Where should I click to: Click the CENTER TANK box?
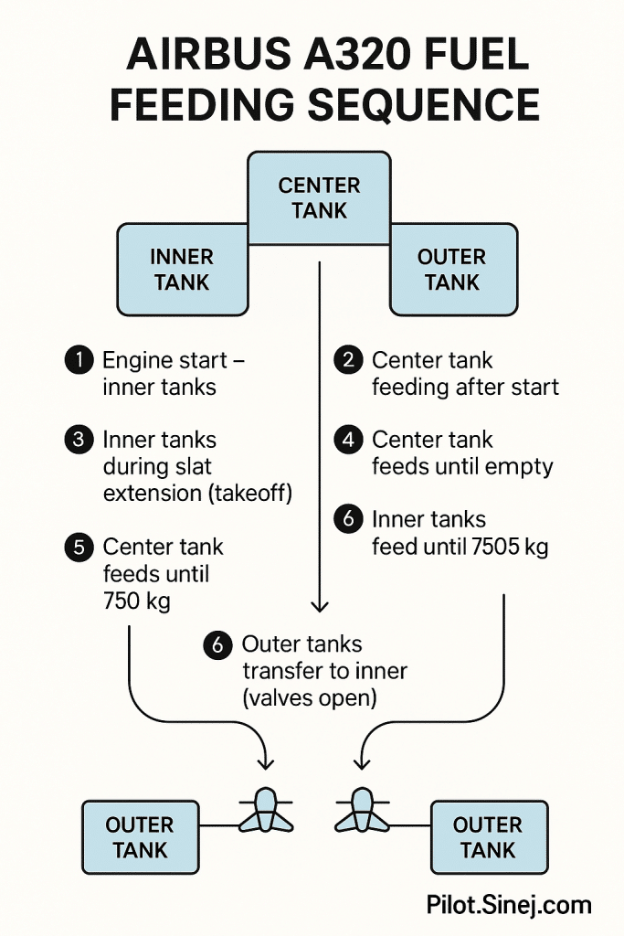coord(320,198)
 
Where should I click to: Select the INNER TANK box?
coord(183,270)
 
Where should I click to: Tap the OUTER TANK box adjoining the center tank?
coord(452,270)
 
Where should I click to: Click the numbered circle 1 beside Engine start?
coord(79,360)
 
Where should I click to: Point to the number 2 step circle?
coord(348,360)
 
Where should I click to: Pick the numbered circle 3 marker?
coord(79,440)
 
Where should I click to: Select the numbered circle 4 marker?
coord(348,440)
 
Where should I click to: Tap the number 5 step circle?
coord(79,548)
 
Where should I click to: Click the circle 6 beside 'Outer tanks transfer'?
coord(217,644)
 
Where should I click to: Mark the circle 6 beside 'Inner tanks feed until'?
coord(348,520)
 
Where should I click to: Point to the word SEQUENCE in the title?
coord(424,104)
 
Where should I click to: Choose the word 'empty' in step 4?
coord(521,467)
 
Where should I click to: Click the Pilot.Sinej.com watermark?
coord(509,906)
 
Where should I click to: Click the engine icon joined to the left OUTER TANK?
coord(266,810)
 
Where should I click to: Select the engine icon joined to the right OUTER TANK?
coord(362,810)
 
